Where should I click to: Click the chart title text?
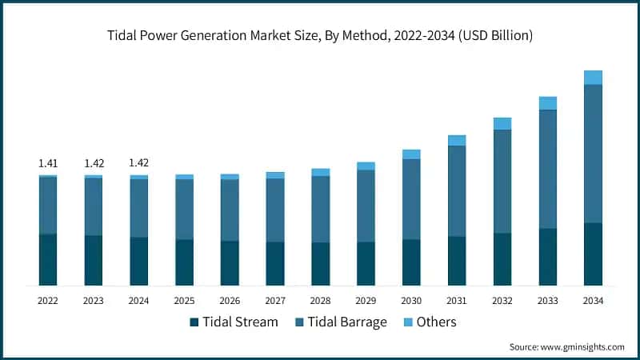coord(320,36)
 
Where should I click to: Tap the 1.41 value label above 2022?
coord(48,163)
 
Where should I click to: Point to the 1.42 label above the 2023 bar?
coord(94,163)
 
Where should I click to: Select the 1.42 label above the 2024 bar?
coord(139,163)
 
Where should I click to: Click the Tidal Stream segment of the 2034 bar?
coord(593,254)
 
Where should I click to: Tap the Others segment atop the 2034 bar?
coord(593,78)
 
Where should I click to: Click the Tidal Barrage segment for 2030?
coord(411,199)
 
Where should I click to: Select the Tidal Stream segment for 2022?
coord(48,259)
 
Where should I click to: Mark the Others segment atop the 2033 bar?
coord(547,103)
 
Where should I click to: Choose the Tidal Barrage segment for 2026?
coord(230,210)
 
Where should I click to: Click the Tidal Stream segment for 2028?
coord(320,263)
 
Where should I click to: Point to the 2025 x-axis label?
coord(184,301)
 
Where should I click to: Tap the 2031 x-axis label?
coord(457,301)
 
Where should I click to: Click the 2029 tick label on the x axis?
coord(366,301)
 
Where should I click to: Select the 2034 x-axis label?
coord(593,301)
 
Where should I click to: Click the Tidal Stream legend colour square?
coord(194,322)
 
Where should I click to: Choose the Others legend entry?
coord(429,322)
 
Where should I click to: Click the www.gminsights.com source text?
coord(582,346)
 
